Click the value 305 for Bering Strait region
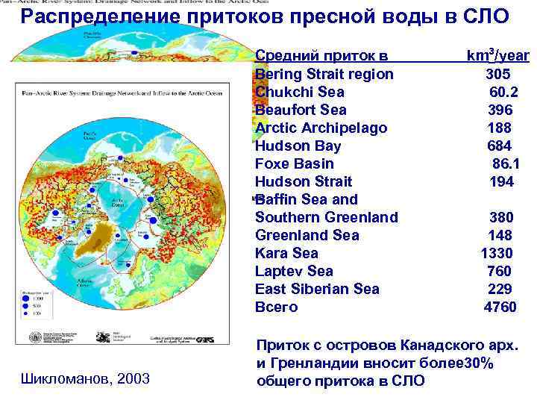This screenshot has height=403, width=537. [x=499, y=74]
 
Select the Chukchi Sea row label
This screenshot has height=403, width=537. [x=299, y=92]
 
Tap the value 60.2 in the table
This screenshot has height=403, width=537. [x=503, y=92]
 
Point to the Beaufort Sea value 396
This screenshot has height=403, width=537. [x=500, y=110]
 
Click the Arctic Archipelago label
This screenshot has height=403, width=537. [x=321, y=128]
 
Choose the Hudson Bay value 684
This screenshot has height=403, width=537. [x=500, y=146]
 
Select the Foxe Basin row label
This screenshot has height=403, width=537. [x=294, y=163]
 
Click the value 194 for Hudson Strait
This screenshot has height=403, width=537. [x=502, y=181]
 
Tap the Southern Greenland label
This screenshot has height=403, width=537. [x=326, y=217]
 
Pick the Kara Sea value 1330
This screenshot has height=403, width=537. [x=497, y=253]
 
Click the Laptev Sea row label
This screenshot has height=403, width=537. [x=294, y=271]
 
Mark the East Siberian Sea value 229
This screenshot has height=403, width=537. [x=500, y=289]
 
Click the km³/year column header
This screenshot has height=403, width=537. [x=497, y=55]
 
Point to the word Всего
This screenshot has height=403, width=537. [x=276, y=307]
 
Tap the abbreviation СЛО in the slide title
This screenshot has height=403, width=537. [x=482, y=16]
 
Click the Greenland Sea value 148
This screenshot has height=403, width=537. [x=500, y=235]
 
